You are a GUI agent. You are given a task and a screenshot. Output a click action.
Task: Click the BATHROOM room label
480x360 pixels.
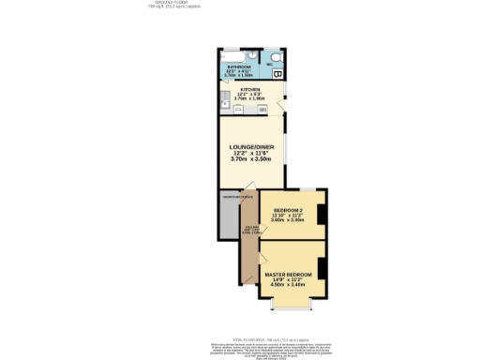(x=240, y=67)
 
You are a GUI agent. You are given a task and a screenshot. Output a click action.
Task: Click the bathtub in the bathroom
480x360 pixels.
(x=234, y=55)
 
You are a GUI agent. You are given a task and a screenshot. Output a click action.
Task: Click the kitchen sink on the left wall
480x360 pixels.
(x=223, y=98)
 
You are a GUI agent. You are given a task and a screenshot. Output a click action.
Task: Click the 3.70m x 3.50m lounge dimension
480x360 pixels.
(x=250, y=159)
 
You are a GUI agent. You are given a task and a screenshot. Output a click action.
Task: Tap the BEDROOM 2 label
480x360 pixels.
(x=288, y=209)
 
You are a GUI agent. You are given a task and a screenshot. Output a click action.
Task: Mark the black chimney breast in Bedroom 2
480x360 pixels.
(x=322, y=214)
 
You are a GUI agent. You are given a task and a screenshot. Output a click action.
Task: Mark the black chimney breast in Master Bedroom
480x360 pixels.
(x=322, y=268)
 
